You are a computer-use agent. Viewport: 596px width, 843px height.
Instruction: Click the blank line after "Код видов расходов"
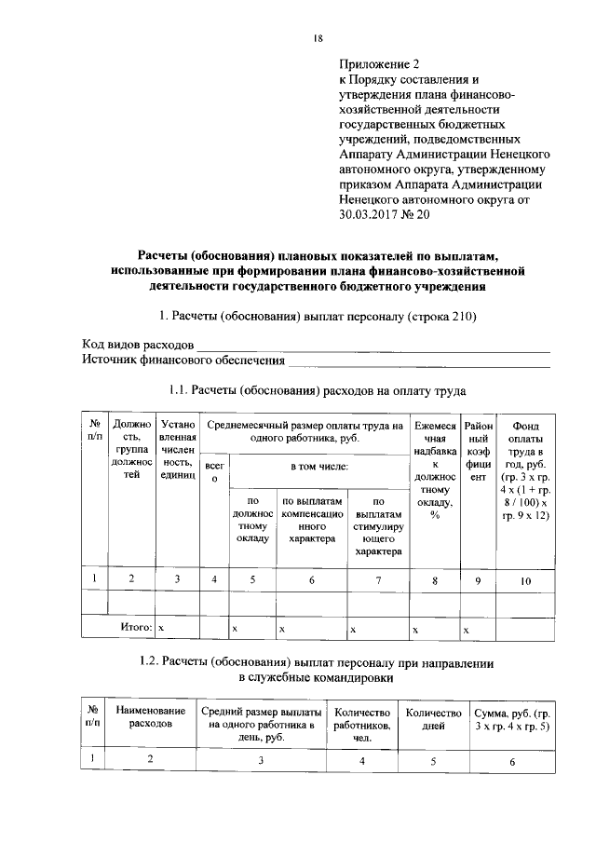[372, 348]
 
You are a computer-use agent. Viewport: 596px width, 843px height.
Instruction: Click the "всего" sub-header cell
[214, 471]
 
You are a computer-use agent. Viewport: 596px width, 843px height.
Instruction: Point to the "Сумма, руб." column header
[512, 720]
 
